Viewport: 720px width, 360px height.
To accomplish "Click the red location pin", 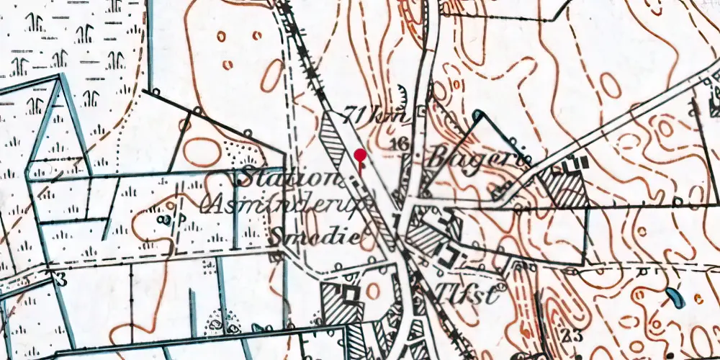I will click(361, 156).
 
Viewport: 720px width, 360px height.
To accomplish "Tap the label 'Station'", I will click(286, 177).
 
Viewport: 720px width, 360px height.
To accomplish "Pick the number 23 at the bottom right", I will click(572, 335).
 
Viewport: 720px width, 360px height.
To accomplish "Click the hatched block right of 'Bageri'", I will click(562, 186).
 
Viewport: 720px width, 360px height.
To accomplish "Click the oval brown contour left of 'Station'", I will click(202, 152).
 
